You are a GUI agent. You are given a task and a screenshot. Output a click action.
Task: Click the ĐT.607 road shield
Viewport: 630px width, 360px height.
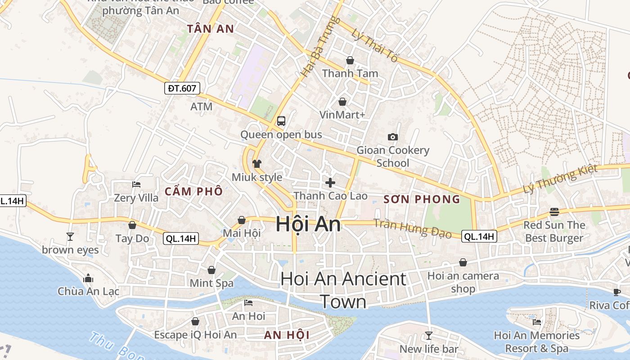182,88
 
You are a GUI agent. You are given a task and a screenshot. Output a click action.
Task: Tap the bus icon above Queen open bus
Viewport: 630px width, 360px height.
281,121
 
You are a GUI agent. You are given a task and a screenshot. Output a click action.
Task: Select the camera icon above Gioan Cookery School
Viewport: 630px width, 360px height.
393,137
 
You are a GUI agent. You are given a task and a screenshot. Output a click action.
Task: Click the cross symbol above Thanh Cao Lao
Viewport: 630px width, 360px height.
330,183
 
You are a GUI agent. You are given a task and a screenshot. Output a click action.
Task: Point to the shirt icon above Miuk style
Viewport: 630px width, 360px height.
257,164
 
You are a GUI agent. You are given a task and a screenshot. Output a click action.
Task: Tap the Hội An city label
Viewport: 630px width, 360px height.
308,224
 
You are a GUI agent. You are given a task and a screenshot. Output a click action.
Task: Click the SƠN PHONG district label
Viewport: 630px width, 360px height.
422,199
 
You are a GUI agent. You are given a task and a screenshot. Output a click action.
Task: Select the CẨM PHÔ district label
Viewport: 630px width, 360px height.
193,191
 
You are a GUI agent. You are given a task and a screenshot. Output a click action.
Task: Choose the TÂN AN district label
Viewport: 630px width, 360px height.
211,29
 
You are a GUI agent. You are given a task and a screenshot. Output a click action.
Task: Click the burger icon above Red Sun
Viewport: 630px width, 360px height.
554,212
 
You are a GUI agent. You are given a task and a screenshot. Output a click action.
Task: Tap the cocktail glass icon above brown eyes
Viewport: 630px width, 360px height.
70,236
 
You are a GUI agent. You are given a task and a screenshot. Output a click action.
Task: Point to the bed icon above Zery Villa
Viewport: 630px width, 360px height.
136,184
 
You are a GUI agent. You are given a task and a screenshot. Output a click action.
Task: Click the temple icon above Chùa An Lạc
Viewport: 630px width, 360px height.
88,278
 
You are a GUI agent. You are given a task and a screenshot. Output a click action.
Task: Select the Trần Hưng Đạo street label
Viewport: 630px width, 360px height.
413,228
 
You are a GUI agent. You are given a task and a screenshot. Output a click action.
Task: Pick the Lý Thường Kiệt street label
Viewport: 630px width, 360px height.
560,179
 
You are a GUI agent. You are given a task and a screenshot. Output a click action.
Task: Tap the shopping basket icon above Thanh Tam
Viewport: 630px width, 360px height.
350,60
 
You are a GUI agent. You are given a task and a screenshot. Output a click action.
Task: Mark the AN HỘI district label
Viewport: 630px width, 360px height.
287,335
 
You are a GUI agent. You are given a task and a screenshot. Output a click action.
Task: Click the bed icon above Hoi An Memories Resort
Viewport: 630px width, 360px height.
536,322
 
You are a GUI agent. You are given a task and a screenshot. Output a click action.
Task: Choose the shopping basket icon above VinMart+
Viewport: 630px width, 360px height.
342,102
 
